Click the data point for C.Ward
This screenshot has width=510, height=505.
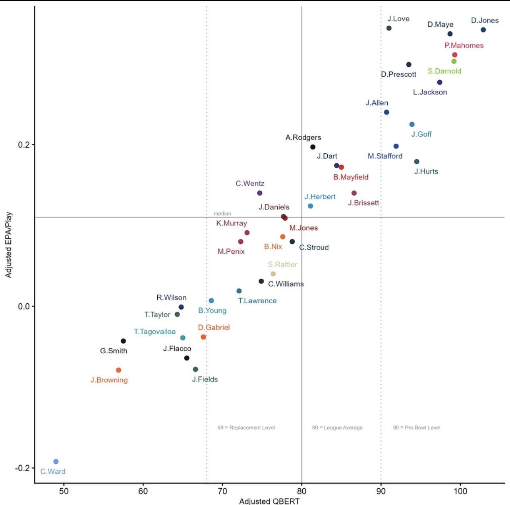[x=56, y=461]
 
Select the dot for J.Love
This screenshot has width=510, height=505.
[x=389, y=28]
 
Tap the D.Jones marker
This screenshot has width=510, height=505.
[x=483, y=30]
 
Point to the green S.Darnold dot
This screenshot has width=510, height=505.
[x=454, y=61]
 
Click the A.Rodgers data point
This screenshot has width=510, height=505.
[x=313, y=147]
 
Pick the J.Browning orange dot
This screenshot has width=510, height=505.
[x=118, y=370]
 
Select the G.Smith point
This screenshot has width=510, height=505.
[x=123, y=341]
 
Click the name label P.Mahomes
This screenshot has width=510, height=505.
[x=464, y=46]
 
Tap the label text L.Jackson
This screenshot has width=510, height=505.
[x=430, y=92]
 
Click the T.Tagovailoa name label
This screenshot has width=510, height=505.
[x=155, y=332]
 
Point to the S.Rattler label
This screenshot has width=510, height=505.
[x=282, y=264]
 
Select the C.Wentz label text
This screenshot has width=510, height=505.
[x=250, y=183]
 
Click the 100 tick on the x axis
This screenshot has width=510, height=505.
[x=460, y=492]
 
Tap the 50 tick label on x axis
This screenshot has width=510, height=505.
[x=64, y=492]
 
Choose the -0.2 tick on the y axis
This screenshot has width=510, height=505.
[x=22, y=468]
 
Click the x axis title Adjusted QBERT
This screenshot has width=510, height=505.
[x=269, y=501]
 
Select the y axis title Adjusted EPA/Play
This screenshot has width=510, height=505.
[x=8, y=245]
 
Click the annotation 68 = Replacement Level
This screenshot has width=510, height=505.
[x=246, y=428]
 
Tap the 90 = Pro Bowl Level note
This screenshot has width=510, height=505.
[x=417, y=428]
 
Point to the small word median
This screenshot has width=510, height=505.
[x=222, y=214]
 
